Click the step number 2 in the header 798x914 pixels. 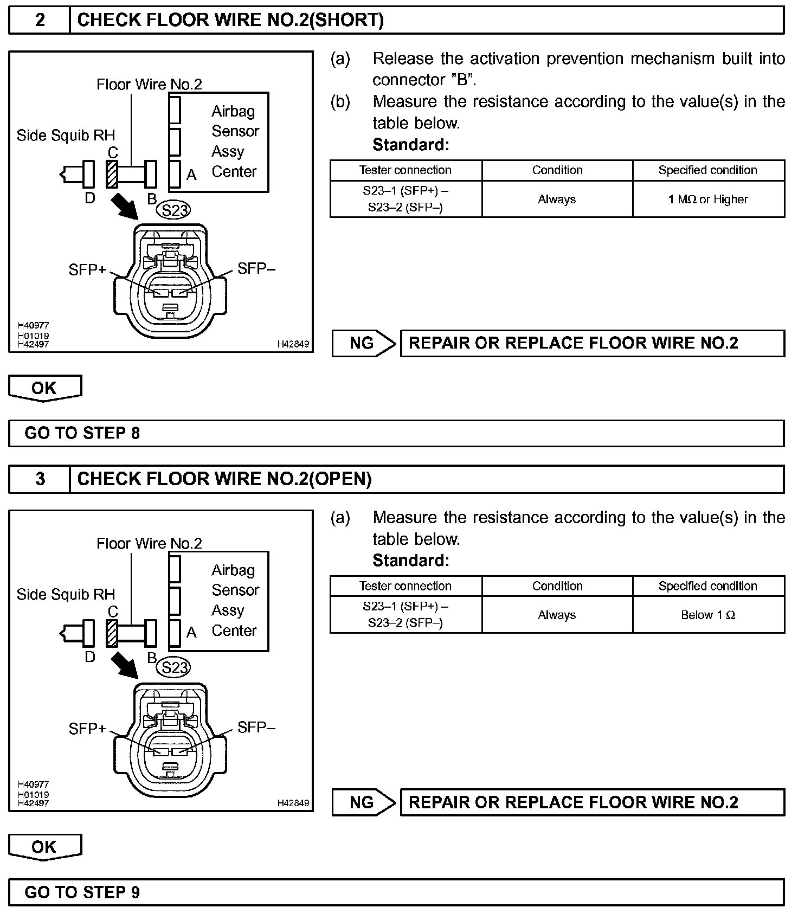coord(40,20)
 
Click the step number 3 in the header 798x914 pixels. coord(40,479)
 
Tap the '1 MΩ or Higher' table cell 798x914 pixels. coord(708,199)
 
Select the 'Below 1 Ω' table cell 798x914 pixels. coord(708,615)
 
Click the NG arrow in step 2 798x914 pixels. coord(364,343)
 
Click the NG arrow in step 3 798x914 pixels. coord(364,802)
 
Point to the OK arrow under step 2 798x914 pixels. coord(45,388)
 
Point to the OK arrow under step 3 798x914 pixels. coord(45,847)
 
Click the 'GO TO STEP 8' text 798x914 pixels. coord(82,433)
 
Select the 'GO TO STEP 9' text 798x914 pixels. coord(82,892)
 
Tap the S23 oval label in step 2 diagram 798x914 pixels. coord(173,210)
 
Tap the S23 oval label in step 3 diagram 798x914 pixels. coord(173,667)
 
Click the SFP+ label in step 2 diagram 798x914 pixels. coord(87,269)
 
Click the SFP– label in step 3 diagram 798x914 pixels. coord(256,728)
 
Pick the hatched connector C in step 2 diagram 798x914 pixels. coord(112,174)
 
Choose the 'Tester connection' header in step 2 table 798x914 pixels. coord(406,170)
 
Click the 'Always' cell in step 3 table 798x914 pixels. coord(557,615)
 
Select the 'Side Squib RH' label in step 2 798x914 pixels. coord(66,136)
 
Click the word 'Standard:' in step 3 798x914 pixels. coord(411,560)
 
